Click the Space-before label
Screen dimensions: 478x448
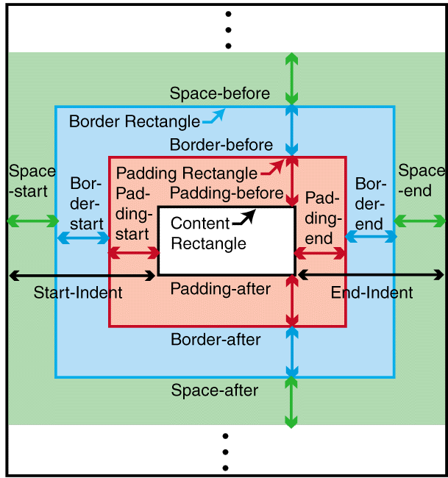click(219, 94)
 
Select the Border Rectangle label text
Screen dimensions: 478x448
click(134, 121)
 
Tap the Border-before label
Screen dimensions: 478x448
click(221, 145)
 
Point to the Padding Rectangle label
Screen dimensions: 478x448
click(187, 174)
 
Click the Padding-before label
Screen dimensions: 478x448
click(227, 193)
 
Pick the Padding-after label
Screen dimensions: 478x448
click(221, 289)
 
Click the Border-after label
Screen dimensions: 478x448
click(216, 340)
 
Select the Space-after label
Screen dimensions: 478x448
click(215, 390)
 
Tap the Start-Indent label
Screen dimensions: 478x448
click(78, 293)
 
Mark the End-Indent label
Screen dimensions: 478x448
click(371, 293)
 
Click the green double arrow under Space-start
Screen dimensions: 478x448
click(32, 221)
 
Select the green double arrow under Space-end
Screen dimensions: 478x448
click(420, 221)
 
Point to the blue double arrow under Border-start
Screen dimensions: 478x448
click(83, 238)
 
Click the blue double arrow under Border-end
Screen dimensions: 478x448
click(371, 236)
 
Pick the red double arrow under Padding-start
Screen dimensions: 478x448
click(134, 253)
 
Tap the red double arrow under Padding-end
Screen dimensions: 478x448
click(321, 253)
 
